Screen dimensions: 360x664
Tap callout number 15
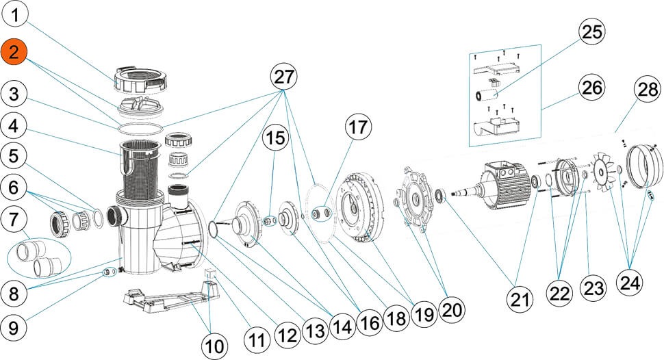tap(274, 138)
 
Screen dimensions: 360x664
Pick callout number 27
tap(285, 77)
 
